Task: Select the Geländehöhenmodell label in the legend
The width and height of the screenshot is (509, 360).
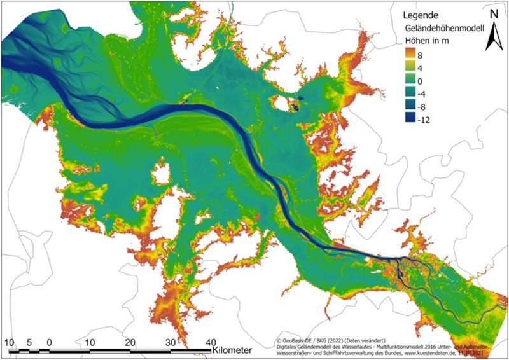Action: coord(445,28)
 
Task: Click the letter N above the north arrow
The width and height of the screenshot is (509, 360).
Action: coord(494,12)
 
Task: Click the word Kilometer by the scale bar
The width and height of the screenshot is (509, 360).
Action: coord(233,350)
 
